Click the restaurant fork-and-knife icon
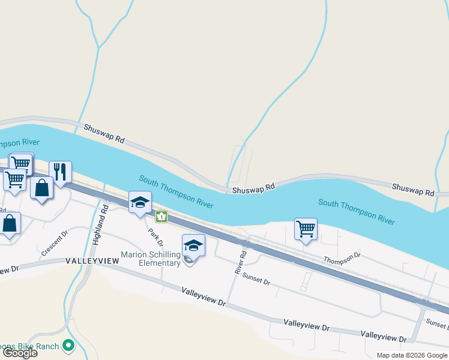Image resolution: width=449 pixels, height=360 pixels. click(60, 172)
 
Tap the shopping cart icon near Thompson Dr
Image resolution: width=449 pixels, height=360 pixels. click(306, 229)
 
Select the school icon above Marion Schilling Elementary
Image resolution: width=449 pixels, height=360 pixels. click(193, 245)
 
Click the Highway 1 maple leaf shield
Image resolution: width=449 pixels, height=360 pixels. click(160, 216)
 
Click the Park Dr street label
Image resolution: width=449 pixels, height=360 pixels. click(156, 235)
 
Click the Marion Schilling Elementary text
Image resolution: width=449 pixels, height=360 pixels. click(151, 259)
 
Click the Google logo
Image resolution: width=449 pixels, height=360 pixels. click(20, 353)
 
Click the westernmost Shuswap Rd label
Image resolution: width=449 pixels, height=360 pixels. click(104, 133)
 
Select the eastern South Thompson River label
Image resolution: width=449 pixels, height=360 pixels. click(357, 212)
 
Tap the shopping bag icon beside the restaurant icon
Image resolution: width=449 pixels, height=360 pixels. click(42, 188)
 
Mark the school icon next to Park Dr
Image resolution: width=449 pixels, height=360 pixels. click(140, 202)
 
